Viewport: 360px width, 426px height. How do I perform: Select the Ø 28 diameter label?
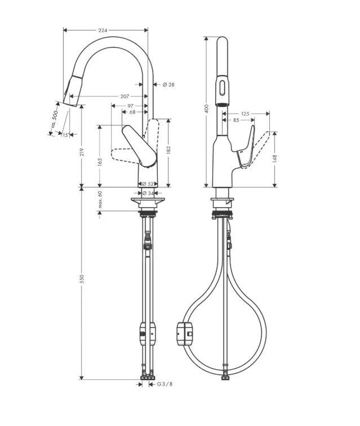coord(168,84)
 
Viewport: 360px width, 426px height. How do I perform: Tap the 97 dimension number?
coord(130,105)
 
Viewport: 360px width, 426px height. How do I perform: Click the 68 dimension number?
coord(132,112)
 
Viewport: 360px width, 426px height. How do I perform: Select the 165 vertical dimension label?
coord(100,162)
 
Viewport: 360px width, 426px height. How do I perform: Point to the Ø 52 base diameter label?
coord(148,183)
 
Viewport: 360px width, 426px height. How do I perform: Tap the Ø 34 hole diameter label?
coord(148,193)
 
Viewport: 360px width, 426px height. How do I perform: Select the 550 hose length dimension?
coord(82,280)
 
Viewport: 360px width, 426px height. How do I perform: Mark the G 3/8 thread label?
coord(164,384)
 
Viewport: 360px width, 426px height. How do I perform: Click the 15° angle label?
coord(65,135)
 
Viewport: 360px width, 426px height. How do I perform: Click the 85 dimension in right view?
coord(235,120)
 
